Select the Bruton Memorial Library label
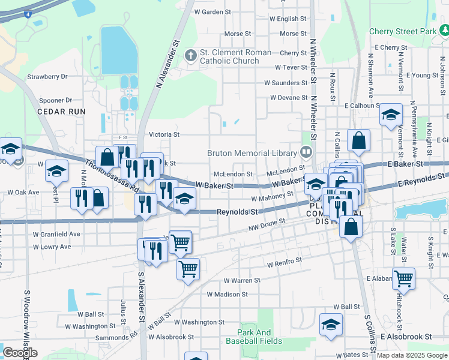[x=253, y=153]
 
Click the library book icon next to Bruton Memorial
[x=307, y=152]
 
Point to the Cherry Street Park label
[x=403, y=31]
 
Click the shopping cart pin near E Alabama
[x=403, y=278]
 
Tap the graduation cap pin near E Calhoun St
[x=391, y=115]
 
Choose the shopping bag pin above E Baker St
[x=358, y=142]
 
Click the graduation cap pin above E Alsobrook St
[x=331, y=325]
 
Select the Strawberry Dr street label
[x=47, y=77]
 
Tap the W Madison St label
[x=227, y=295]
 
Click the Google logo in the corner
[x=19, y=353]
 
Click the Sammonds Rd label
[x=116, y=338]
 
